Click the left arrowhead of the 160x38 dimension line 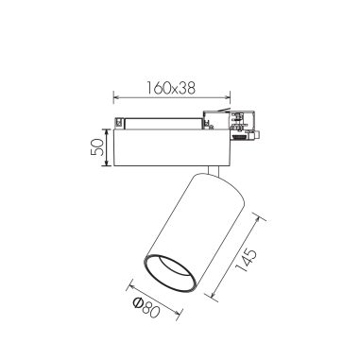click(x=114, y=95)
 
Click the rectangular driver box click(x=170, y=147)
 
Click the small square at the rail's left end click(x=118, y=122)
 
